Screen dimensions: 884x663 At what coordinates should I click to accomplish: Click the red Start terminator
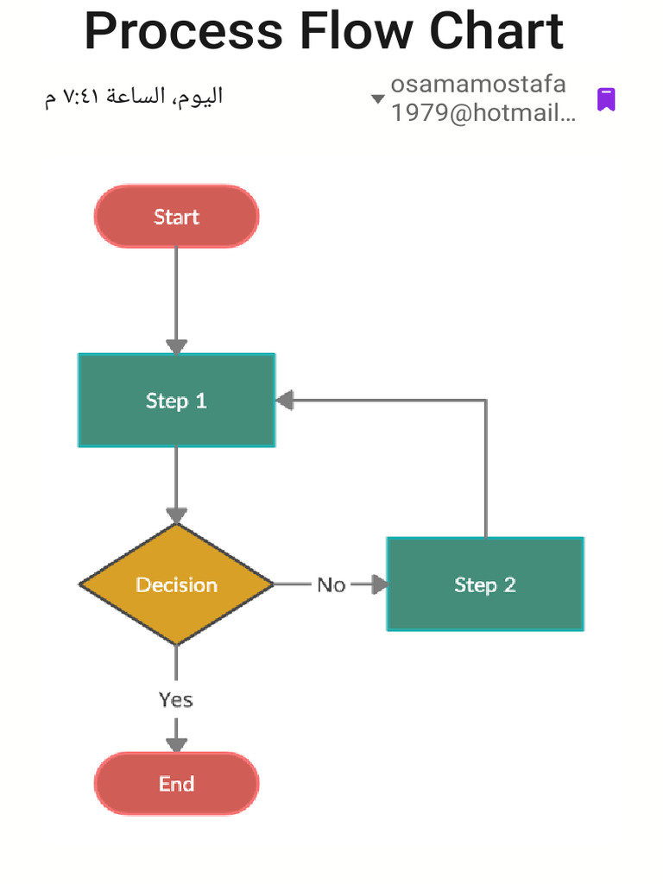(176, 217)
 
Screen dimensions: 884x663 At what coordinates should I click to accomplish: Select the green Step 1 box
(176, 401)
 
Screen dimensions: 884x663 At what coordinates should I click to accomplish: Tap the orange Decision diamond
(176, 584)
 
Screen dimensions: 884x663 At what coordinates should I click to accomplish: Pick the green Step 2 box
(485, 584)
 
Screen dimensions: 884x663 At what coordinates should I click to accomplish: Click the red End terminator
(176, 784)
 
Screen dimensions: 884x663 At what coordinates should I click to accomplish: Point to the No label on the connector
(331, 585)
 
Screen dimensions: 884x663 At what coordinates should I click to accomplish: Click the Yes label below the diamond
(176, 699)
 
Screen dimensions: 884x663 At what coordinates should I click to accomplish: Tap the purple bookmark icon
(606, 99)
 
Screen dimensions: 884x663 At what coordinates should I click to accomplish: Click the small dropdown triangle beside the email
(377, 98)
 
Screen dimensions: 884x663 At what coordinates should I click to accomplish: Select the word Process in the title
(183, 31)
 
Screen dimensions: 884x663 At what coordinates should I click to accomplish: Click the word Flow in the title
(356, 31)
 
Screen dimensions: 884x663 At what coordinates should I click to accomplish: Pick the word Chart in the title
(496, 31)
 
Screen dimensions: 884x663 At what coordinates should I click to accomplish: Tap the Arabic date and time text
(134, 96)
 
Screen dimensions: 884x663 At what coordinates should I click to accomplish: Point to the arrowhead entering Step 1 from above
(176, 346)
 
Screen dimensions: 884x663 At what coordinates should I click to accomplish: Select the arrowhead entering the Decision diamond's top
(176, 515)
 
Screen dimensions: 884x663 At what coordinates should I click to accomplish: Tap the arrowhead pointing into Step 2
(379, 584)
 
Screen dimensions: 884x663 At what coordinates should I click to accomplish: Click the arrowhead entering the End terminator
(176, 744)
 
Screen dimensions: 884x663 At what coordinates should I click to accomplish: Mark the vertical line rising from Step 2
(485, 470)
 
